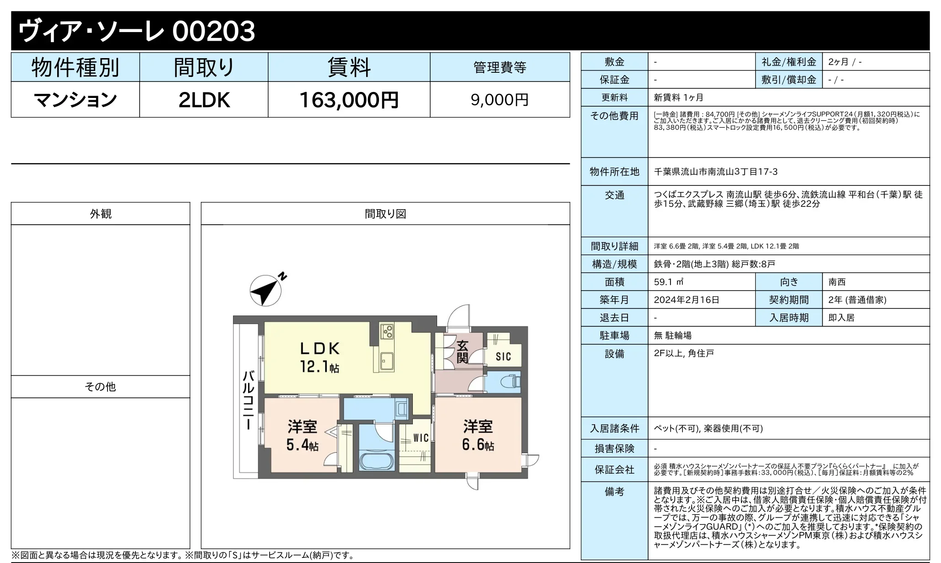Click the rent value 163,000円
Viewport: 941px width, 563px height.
[349, 100]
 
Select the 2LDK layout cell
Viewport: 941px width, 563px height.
[204, 100]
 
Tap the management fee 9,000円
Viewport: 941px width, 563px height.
[499, 100]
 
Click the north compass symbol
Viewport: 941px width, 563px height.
[266, 290]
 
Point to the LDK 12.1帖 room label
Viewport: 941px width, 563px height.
[319, 357]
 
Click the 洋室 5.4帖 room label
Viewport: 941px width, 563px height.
[302, 435]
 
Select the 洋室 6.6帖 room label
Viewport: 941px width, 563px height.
[478, 435]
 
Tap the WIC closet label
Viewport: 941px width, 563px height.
[421, 438]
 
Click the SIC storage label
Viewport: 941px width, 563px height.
[503, 357]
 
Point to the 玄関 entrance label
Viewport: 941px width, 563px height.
[462, 352]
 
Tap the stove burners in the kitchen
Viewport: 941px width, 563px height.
[387, 331]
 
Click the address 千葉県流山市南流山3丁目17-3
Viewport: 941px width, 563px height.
[715, 172]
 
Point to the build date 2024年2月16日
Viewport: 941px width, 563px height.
[686, 300]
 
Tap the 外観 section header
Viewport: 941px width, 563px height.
[100, 214]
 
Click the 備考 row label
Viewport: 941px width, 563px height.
[614, 492]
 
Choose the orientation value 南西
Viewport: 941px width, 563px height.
[837, 282]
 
